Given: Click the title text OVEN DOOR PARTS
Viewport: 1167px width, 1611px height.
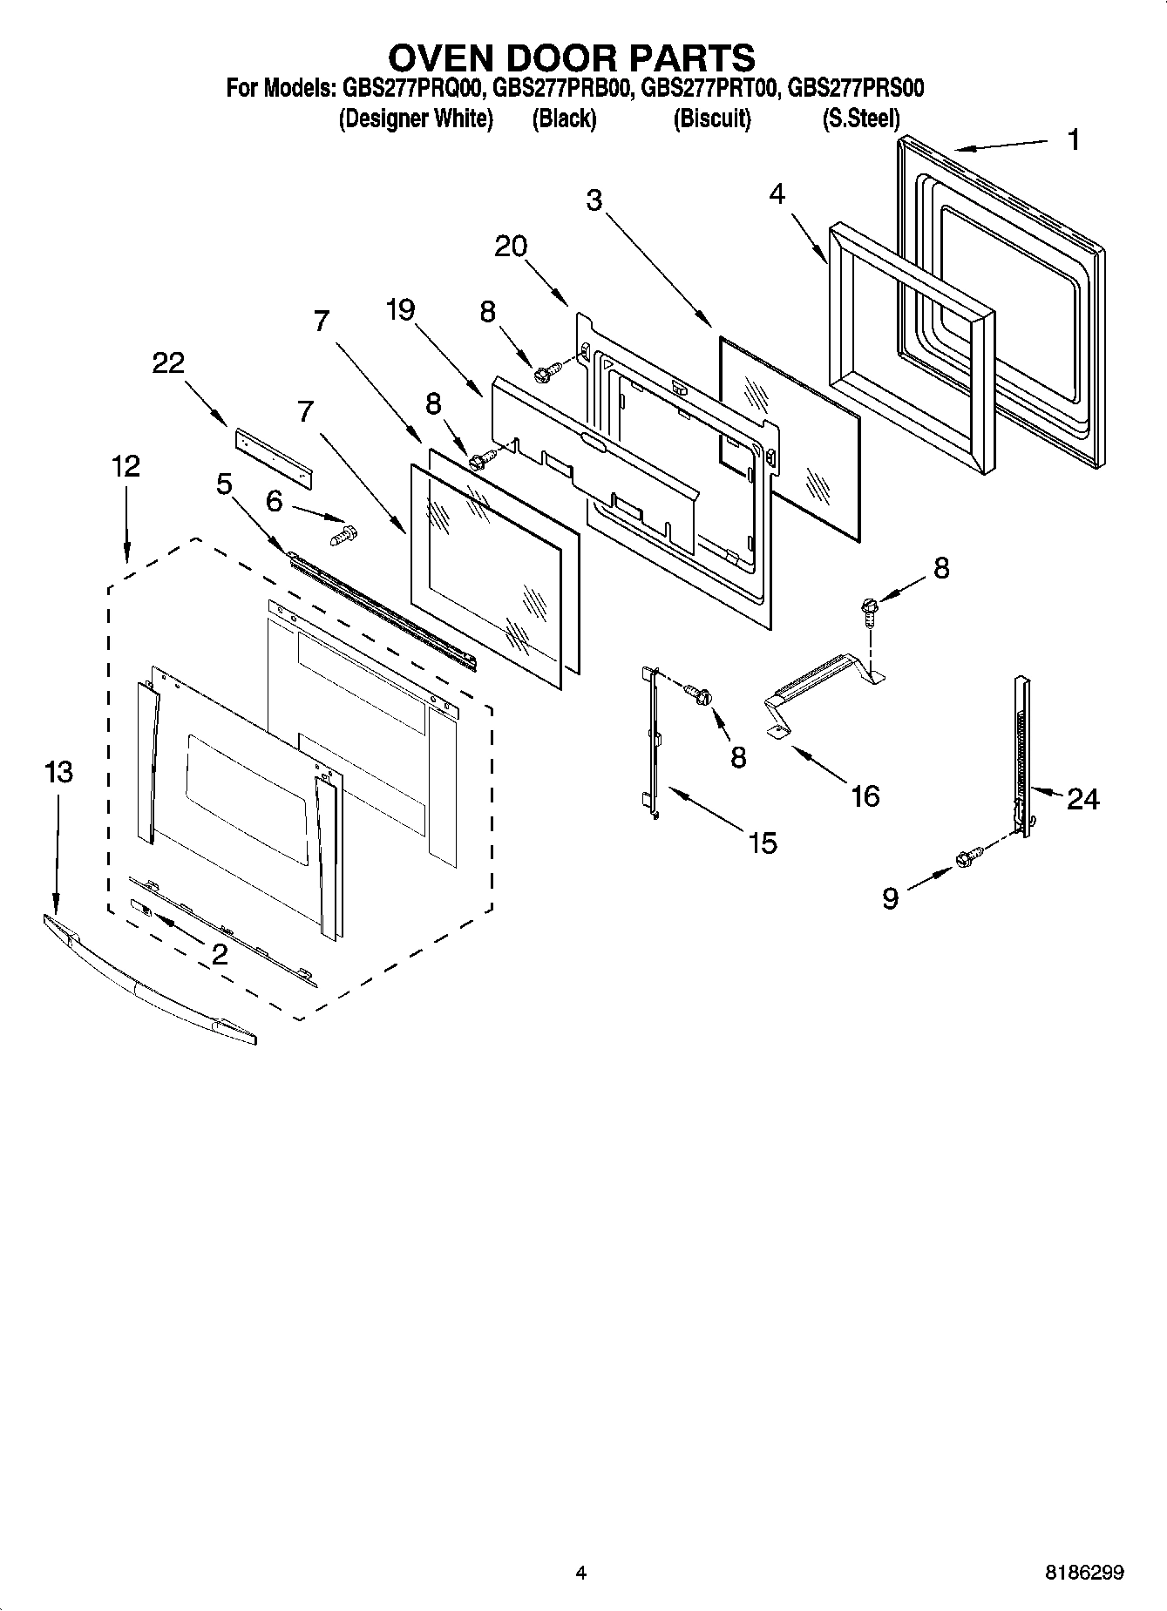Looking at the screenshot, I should tap(571, 58).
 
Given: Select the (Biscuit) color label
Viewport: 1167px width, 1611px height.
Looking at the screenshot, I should tap(711, 118).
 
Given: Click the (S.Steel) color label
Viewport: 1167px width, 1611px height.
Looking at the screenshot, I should tap(860, 118).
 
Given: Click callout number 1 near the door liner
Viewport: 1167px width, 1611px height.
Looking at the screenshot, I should tap(1074, 139).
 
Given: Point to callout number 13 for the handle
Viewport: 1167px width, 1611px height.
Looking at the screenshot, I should tap(58, 772).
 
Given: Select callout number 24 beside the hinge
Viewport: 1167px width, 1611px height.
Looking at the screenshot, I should tap(1082, 798).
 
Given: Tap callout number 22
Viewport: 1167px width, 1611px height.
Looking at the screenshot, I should tap(168, 362).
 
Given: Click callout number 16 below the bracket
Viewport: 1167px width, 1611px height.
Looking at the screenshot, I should tap(865, 795).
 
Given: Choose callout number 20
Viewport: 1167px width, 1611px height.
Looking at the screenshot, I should tap(511, 247).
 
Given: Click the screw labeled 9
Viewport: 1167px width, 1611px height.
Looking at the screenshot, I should tap(968, 858).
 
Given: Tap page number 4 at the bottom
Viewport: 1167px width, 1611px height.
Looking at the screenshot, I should tap(581, 1573).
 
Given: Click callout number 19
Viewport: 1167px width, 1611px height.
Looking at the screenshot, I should tap(401, 309).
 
